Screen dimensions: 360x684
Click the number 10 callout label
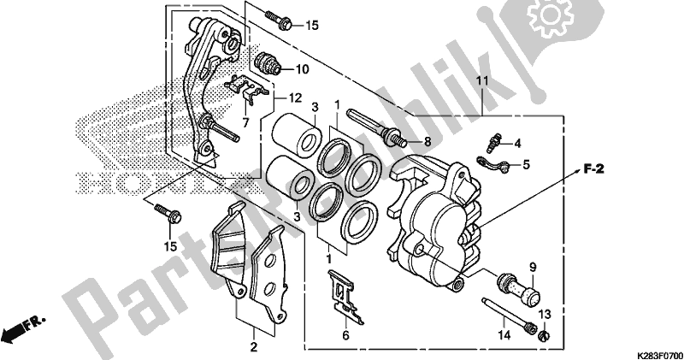click(x=303, y=68)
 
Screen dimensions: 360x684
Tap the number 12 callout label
click(x=295, y=97)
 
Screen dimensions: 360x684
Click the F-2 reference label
click(x=595, y=170)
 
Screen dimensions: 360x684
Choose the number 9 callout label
click(x=530, y=267)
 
